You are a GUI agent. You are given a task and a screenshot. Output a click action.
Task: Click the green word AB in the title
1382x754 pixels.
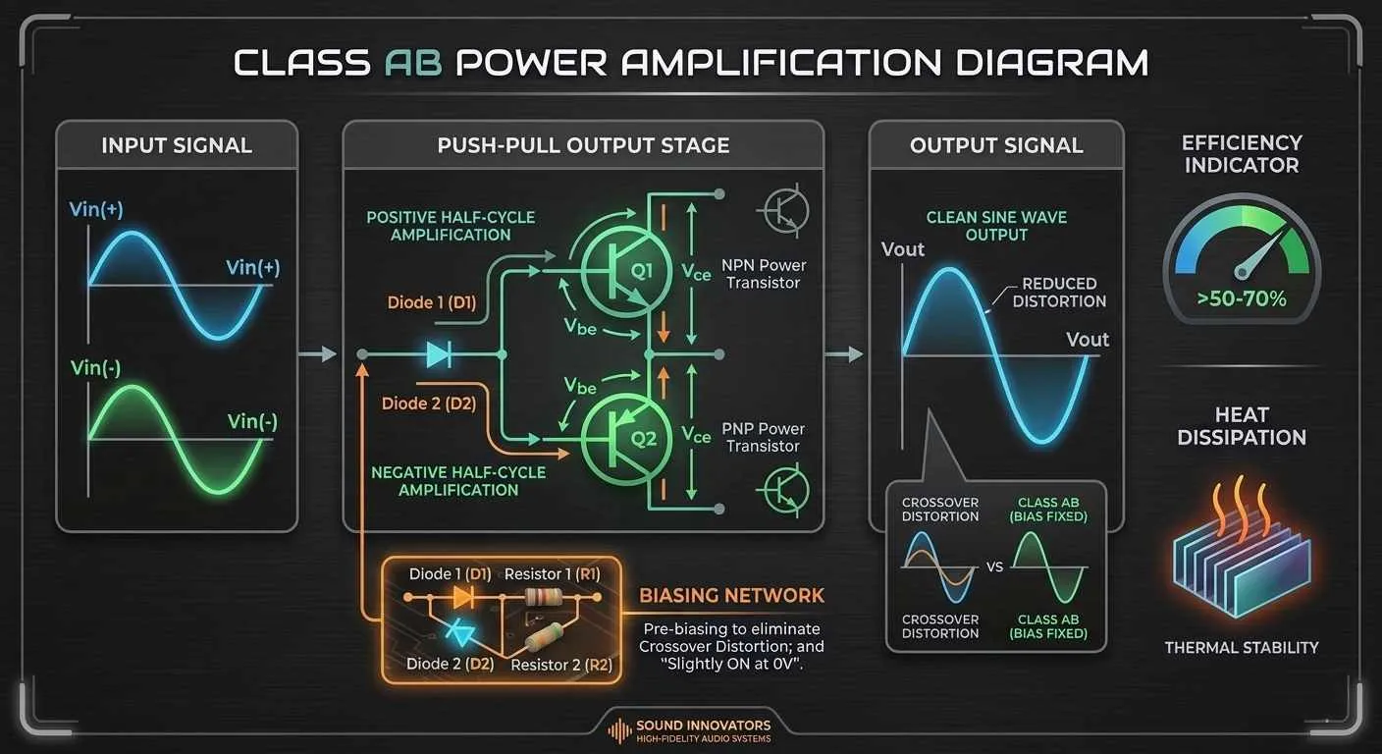tap(413, 62)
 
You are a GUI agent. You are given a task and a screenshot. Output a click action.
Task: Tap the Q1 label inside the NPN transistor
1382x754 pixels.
tap(642, 270)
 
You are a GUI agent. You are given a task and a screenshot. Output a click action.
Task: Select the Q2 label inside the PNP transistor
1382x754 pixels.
tap(643, 439)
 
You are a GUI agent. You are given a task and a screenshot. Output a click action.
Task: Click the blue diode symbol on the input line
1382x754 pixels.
tap(439, 354)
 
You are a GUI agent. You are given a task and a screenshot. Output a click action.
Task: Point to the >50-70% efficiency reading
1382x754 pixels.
tap(1242, 298)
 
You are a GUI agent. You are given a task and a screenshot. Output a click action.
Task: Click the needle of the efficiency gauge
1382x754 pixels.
tap(1261, 251)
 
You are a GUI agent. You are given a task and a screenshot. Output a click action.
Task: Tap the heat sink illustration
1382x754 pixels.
tap(1242, 556)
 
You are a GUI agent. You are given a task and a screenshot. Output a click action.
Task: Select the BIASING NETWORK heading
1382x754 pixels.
tap(731, 595)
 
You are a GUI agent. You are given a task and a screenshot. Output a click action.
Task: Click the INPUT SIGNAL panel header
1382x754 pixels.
tap(177, 145)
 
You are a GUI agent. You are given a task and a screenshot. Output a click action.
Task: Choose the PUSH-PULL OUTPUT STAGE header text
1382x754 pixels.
tap(583, 145)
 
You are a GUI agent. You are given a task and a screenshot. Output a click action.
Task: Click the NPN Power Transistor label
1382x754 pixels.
tap(764, 274)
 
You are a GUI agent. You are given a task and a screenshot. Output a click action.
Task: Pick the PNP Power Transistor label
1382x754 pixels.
tap(764, 437)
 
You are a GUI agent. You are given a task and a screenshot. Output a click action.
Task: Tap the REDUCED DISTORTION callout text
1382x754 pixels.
tap(1059, 293)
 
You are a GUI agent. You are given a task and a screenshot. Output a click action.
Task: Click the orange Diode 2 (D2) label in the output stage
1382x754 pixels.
tap(429, 404)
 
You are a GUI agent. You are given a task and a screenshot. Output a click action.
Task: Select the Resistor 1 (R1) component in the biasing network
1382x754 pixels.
tap(543, 597)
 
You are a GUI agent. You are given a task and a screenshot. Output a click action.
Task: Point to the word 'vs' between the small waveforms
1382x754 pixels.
tap(994, 566)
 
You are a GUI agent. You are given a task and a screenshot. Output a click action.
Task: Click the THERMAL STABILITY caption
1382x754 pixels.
tap(1242, 648)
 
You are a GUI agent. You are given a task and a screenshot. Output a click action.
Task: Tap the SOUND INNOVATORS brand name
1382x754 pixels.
tap(704, 725)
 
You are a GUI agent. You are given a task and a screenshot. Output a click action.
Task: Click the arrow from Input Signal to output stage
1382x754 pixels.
tap(317, 354)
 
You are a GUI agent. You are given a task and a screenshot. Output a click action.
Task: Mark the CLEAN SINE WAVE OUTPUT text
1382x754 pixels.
tap(996, 226)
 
